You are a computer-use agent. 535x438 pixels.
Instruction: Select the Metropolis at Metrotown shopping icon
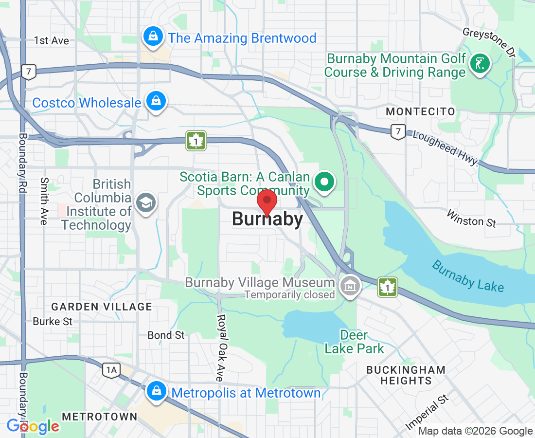[157, 391]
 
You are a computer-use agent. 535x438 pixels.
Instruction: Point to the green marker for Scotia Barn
[324, 182]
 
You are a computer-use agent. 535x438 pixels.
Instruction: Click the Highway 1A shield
[111, 370]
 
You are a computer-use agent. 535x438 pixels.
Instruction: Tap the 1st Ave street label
[51, 40]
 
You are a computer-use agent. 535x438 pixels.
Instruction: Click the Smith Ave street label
[44, 201]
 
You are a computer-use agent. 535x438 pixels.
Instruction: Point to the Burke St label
[53, 321]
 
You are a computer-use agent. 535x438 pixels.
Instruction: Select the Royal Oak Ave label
[222, 347]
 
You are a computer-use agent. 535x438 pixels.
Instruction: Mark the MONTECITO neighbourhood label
[420, 112]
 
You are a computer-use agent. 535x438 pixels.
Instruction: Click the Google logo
[33, 426]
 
